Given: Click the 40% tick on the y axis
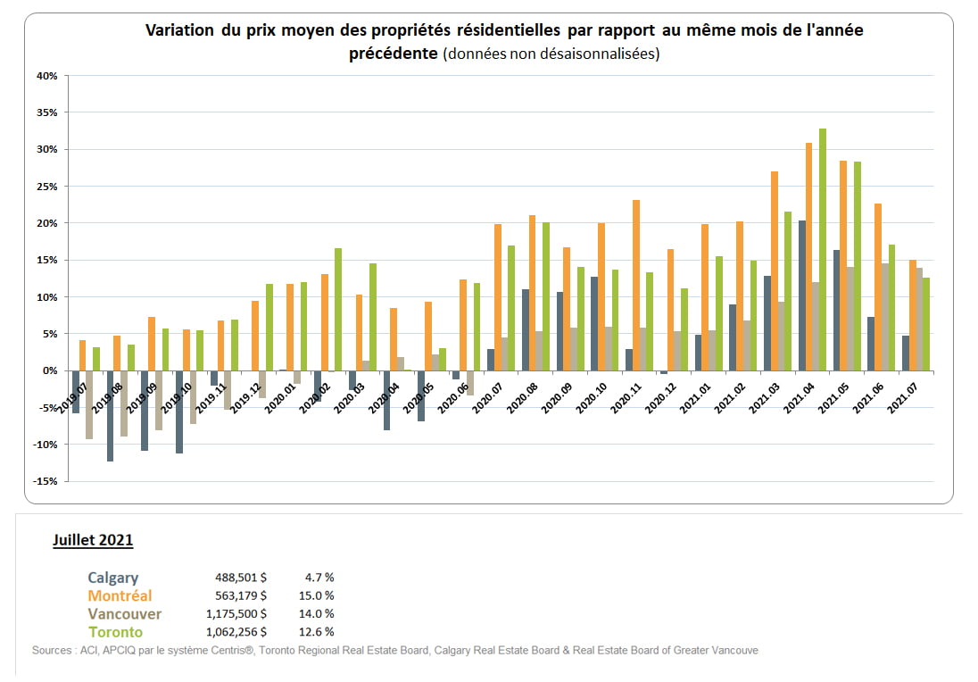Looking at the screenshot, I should tap(47, 76).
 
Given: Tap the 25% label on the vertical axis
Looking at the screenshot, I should tap(47, 187).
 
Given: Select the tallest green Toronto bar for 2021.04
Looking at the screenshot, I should tap(823, 249).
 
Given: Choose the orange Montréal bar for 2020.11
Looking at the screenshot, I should tap(636, 285).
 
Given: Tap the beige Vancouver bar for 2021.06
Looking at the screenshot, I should tap(885, 316).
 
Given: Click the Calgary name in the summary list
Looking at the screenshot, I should tap(112, 578).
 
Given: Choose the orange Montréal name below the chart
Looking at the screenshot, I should tap(120, 595).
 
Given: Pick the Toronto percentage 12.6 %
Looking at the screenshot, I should tap(317, 632).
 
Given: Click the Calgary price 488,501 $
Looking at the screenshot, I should tap(241, 578).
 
